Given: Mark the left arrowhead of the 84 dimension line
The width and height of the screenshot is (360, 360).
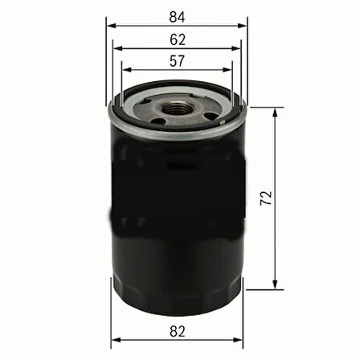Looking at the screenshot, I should coord(109,25).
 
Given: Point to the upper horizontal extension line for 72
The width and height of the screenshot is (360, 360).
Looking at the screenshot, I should coord(265,106).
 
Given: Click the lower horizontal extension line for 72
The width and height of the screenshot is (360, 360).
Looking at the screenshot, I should coord(265,288).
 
